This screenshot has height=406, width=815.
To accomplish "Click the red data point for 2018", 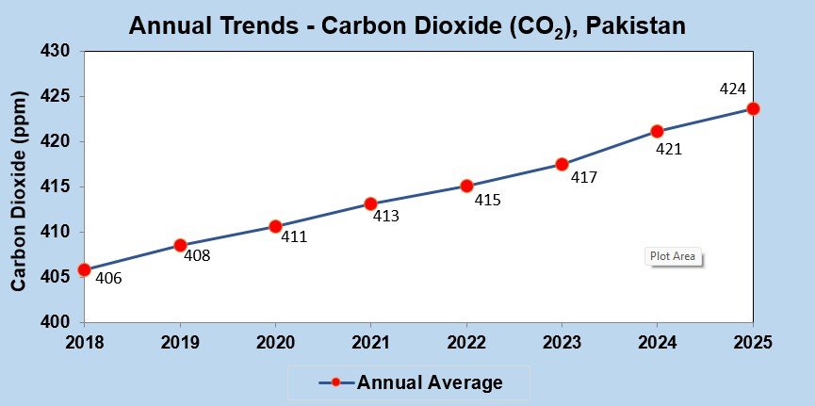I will (x=84, y=269).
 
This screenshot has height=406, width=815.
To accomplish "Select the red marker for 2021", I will (x=370, y=203).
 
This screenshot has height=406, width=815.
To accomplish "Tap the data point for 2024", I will (x=657, y=131).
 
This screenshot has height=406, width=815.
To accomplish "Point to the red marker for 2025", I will (x=753, y=108).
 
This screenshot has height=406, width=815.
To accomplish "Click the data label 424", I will (x=732, y=89).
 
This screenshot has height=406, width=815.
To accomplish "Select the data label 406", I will (x=108, y=279).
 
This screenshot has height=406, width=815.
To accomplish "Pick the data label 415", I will (x=487, y=201).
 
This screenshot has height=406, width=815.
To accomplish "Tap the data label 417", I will (x=584, y=176).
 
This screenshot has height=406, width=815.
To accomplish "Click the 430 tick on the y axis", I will (x=56, y=51).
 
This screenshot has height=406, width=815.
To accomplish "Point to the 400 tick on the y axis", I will (x=56, y=322).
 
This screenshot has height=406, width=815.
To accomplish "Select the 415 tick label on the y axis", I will (x=56, y=187).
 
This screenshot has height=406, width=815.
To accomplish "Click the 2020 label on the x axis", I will (x=274, y=343).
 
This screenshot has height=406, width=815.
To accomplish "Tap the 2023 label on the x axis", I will (x=562, y=343).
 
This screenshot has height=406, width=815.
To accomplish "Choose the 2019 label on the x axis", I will (x=179, y=343).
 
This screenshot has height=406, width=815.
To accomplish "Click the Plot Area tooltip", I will (x=675, y=256).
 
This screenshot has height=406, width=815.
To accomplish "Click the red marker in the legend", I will (x=336, y=382).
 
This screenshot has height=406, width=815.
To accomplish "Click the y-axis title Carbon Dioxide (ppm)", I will (x=19, y=189).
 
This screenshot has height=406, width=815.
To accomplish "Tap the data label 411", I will (x=294, y=237).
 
